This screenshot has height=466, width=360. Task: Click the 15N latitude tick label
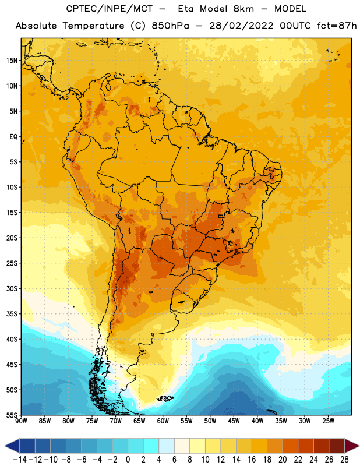[12, 61]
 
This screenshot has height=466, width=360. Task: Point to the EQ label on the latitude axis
[13, 137]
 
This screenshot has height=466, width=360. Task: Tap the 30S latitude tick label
[12, 288]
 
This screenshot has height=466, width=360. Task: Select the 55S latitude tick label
[12, 415]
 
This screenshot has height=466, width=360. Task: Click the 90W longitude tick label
[21, 421]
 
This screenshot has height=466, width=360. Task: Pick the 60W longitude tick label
[163, 421]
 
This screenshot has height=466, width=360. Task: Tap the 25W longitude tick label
[328, 421]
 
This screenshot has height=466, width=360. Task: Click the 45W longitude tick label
[234, 421]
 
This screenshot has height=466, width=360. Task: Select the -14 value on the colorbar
[20, 460]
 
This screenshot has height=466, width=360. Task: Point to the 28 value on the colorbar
[344, 460]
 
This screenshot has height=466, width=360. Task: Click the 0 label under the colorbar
[128, 460]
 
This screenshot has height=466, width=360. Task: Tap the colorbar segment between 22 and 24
[306, 446]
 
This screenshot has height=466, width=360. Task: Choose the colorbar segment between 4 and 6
[167, 446]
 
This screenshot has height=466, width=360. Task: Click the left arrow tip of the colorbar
[5, 446]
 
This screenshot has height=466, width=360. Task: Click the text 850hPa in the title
[170, 26]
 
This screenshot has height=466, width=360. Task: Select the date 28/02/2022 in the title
[241, 26]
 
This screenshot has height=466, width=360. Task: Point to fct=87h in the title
[337, 26]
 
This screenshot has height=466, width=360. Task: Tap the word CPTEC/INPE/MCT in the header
[110, 9]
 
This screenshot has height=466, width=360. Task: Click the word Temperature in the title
[93, 26]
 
